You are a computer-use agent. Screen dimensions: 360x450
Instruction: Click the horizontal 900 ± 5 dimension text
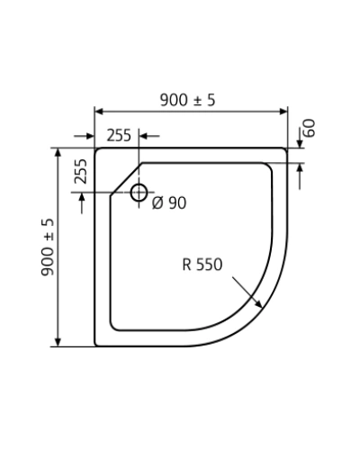(188, 100)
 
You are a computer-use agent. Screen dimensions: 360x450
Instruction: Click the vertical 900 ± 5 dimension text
(48, 247)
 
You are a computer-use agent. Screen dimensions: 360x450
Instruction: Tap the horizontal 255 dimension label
(119, 135)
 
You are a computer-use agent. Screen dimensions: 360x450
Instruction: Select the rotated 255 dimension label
(80, 171)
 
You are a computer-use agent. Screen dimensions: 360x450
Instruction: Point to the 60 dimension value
(310, 128)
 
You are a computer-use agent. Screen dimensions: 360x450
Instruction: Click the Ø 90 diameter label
(169, 203)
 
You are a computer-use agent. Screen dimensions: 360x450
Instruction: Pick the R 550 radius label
(202, 265)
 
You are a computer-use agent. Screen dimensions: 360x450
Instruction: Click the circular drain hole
(139, 193)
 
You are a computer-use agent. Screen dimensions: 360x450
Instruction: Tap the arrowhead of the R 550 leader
(258, 303)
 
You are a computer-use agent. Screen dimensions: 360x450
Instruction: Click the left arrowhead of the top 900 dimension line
(99, 112)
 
